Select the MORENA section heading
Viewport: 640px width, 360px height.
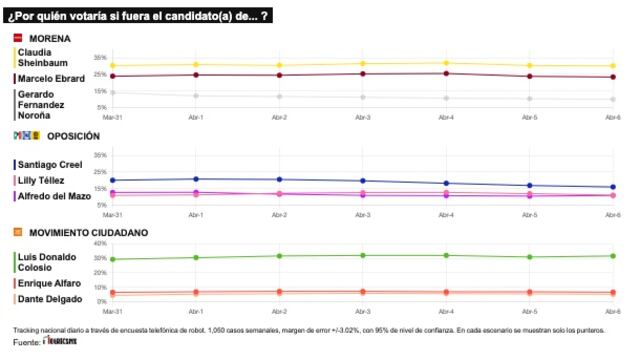(49, 38)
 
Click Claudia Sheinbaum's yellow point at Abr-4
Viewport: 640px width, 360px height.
(446, 63)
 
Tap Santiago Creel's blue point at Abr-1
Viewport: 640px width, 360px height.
(196, 179)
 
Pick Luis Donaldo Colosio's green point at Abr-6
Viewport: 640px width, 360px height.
(613, 256)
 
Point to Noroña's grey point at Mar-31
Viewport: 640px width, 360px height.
(112, 92)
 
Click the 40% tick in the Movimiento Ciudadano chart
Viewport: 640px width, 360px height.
(99, 243)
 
